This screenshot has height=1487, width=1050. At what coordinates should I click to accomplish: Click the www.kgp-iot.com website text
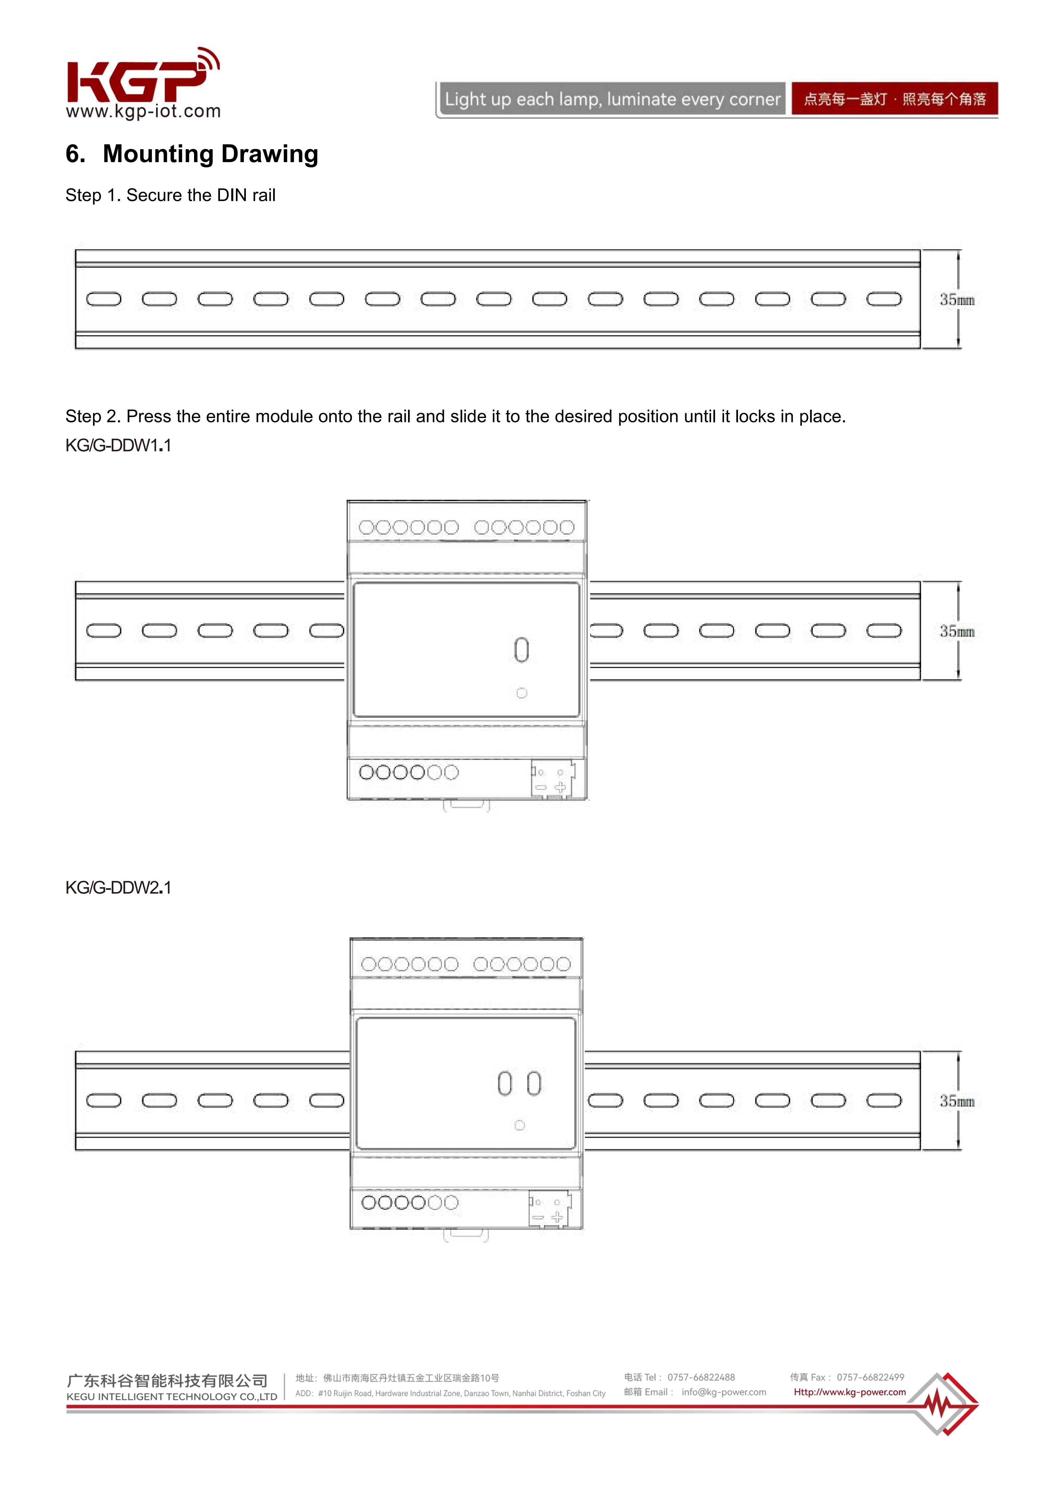(143, 111)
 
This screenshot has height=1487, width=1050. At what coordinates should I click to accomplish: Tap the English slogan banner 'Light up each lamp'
(611, 99)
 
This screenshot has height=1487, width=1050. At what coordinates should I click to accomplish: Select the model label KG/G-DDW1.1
(119, 446)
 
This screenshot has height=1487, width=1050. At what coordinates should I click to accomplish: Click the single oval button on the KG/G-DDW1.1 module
(521, 650)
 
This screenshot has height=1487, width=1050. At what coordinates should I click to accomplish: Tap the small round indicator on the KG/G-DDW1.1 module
(521, 693)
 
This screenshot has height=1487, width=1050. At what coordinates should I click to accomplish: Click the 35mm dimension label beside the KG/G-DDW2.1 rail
(957, 1101)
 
